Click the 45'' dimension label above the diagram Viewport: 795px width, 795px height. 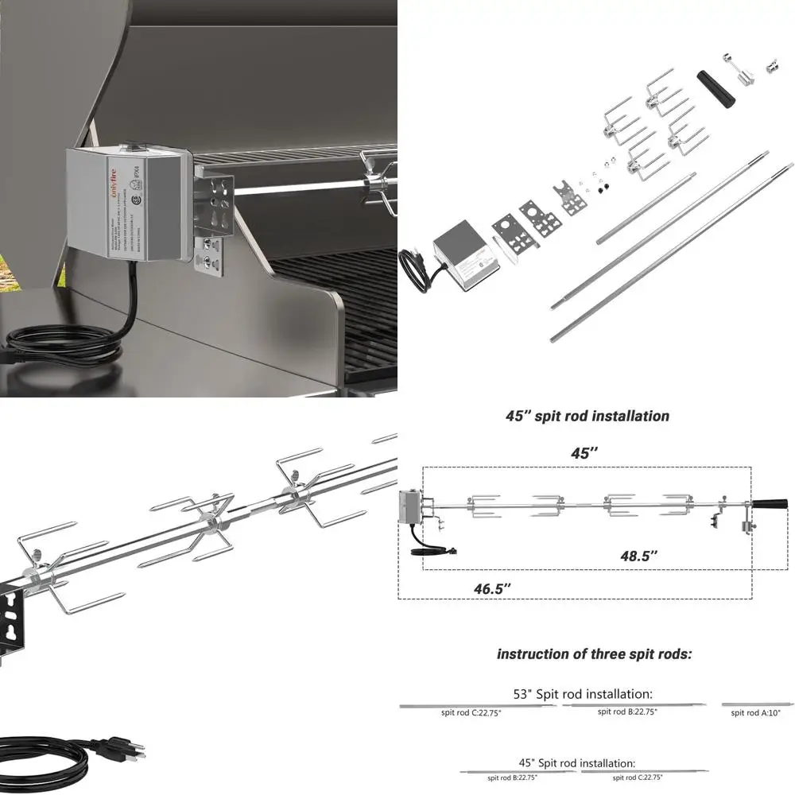[584, 453]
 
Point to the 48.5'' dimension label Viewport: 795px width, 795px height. [640, 556]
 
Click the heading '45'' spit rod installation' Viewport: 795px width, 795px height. [588, 416]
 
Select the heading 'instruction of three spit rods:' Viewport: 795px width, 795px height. [594, 654]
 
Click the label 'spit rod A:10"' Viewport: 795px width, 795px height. [756, 713]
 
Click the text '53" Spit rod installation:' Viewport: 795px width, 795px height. [583, 694]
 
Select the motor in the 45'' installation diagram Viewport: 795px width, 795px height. [411, 509]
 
